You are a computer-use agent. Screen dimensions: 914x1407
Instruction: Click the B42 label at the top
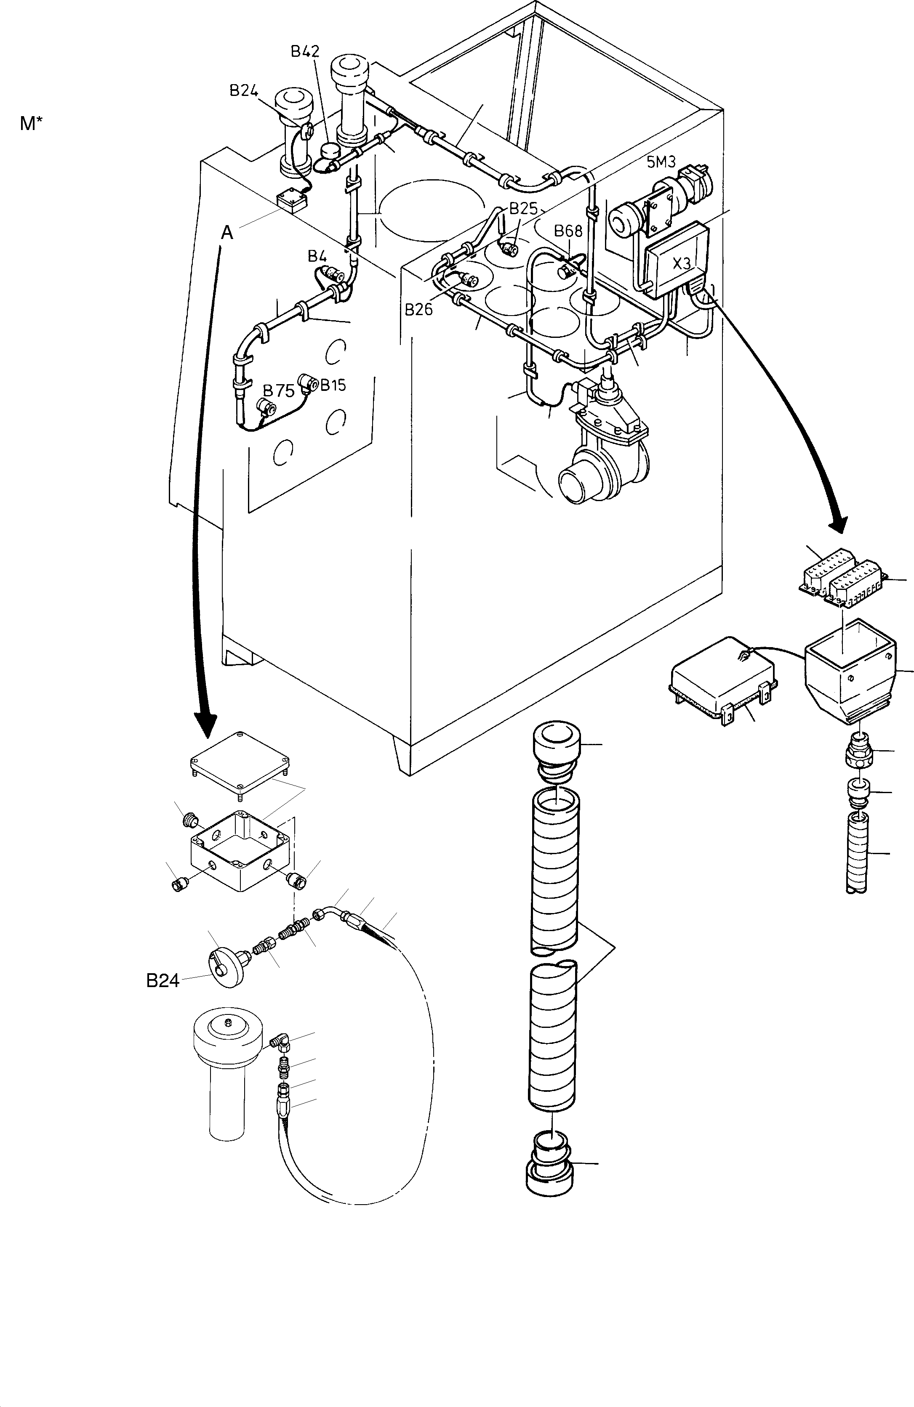click(x=305, y=51)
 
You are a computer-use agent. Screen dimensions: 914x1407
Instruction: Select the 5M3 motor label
click(x=661, y=162)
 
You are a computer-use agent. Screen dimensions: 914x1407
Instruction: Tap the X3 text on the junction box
click(x=682, y=264)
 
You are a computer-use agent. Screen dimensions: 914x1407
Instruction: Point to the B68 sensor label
click(x=568, y=231)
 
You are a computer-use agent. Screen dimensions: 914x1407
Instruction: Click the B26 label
click(x=419, y=308)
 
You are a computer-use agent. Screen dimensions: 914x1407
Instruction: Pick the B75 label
click(x=279, y=391)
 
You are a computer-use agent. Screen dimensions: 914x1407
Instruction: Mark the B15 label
click(x=333, y=385)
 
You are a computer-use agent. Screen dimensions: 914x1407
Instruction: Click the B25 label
click(x=523, y=208)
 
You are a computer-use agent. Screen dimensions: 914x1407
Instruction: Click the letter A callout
click(x=227, y=234)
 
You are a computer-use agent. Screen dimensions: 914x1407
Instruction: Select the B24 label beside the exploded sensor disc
click(x=163, y=981)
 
